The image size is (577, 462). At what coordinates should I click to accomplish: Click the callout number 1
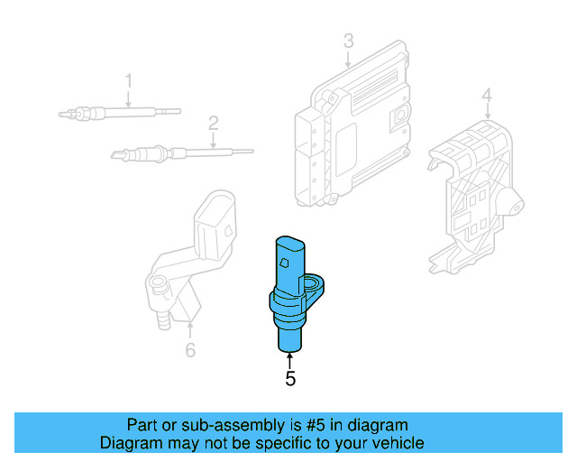tap(128, 80)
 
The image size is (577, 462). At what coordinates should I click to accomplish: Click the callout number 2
tap(214, 122)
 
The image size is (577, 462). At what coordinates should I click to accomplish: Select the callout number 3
tap(348, 41)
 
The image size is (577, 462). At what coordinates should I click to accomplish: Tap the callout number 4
tap(486, 95)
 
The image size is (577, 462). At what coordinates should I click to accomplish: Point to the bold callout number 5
tap(290, 380)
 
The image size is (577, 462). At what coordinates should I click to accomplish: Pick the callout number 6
tap(190, 350)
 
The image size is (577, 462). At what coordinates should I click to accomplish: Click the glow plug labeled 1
tap(117, 113)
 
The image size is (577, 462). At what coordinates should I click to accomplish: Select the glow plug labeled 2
tap(180, 152)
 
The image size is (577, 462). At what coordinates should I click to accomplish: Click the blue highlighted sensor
tap(290, 289)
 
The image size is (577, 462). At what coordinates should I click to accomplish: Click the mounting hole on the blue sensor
tap(314, 287)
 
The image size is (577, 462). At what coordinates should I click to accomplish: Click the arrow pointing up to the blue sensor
tap(289, 360)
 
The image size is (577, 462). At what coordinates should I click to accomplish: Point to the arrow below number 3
tap(348, 60)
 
